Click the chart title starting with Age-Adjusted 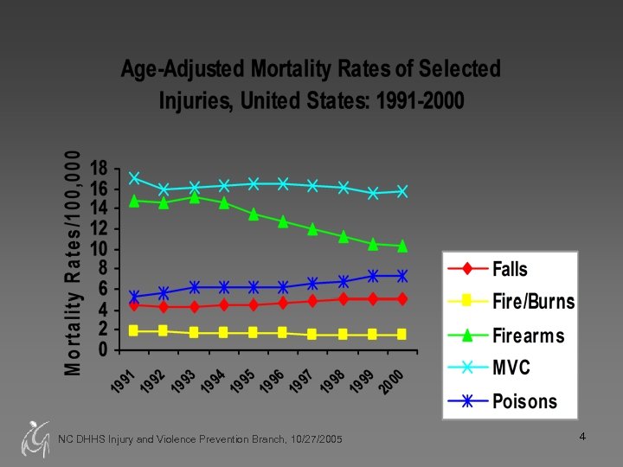pyautogui.click(x=311, y=84)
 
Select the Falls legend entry pyautogui.click(x=510, y=269)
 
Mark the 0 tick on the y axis pyautogui.click(x=103, y=350)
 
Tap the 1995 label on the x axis pyautogui.click(x=245, y=378)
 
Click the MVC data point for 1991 pyautogui.click(x=134, y=178)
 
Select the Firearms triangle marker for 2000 pyautogui.click(x=402, y=246)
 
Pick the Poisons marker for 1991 pyautogui.click(x=134, y=297)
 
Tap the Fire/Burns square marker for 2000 pyautogui.click(x=402, y=334)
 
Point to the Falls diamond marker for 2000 pyautogui.click(x=402, y=299)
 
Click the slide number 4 pyautogui.click(x=583, y=438)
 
